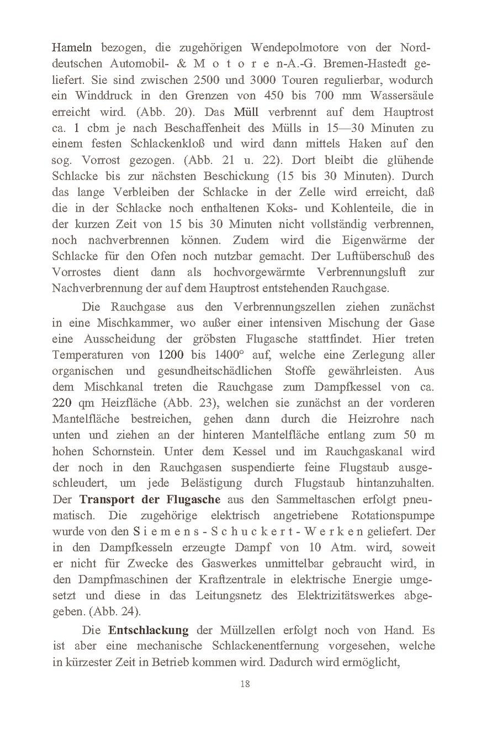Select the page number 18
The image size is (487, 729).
tap(245, 684)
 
